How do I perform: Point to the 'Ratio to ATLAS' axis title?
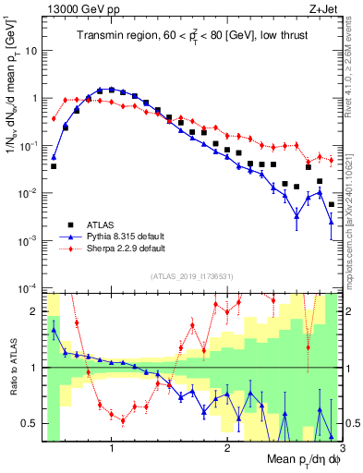(12, 368)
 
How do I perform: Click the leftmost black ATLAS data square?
(54, 166)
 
